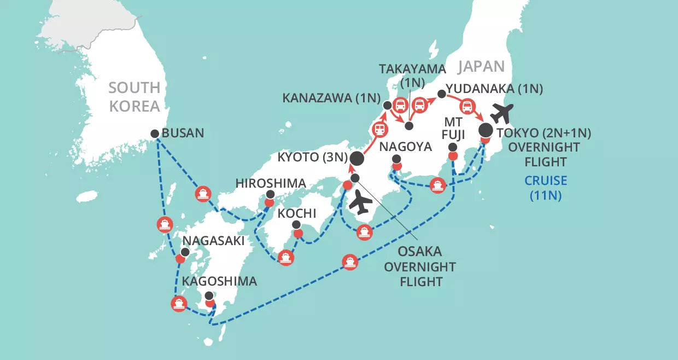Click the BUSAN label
(184, 132)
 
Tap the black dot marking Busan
(155, 133)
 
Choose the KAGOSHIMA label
(219, 282)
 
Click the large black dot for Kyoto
(356, 159)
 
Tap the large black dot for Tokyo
(485, 131)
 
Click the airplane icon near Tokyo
(501, 113)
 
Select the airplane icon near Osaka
(360, 204)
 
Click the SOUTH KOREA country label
(135, 96)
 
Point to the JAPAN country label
(481, 66)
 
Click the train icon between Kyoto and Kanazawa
(378, 130)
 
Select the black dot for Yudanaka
(442, 94)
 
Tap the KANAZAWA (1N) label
(331, 98)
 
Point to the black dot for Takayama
(409, 126)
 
